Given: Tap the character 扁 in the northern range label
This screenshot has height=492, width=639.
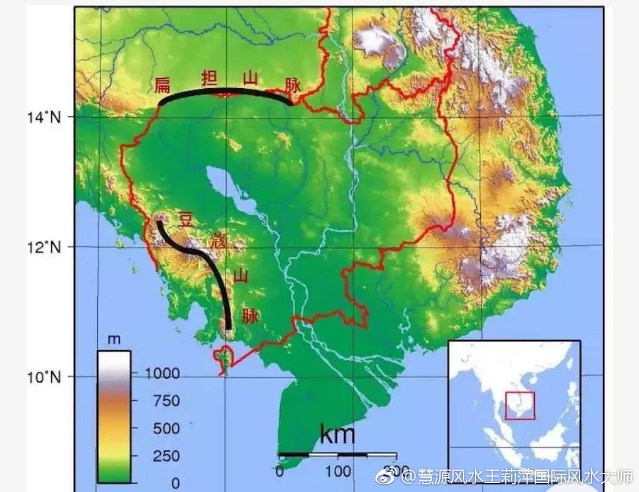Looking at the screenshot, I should (x=162, y=85).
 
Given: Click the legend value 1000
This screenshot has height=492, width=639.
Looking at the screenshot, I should (x=162, y=373).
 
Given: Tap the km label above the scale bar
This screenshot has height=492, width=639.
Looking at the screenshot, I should (x=337, y=435).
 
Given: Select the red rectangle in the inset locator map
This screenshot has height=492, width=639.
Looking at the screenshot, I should (x=519, y=406).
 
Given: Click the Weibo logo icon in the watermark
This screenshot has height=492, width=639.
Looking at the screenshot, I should (x=392, y=475).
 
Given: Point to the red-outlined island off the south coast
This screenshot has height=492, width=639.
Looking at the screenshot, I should (x=224, y=357).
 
